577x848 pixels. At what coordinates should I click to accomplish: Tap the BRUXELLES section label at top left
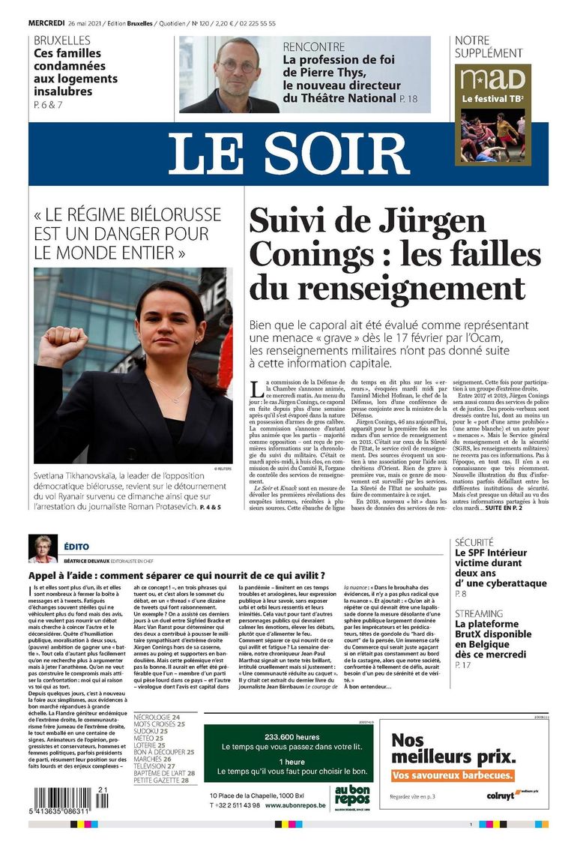(x=62, y=40)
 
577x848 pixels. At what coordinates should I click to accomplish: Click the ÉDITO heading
(x=76, y=548)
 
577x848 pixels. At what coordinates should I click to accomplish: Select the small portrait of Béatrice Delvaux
(x=42, y=548)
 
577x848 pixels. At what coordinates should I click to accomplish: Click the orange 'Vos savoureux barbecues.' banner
(x=453, y=775)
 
